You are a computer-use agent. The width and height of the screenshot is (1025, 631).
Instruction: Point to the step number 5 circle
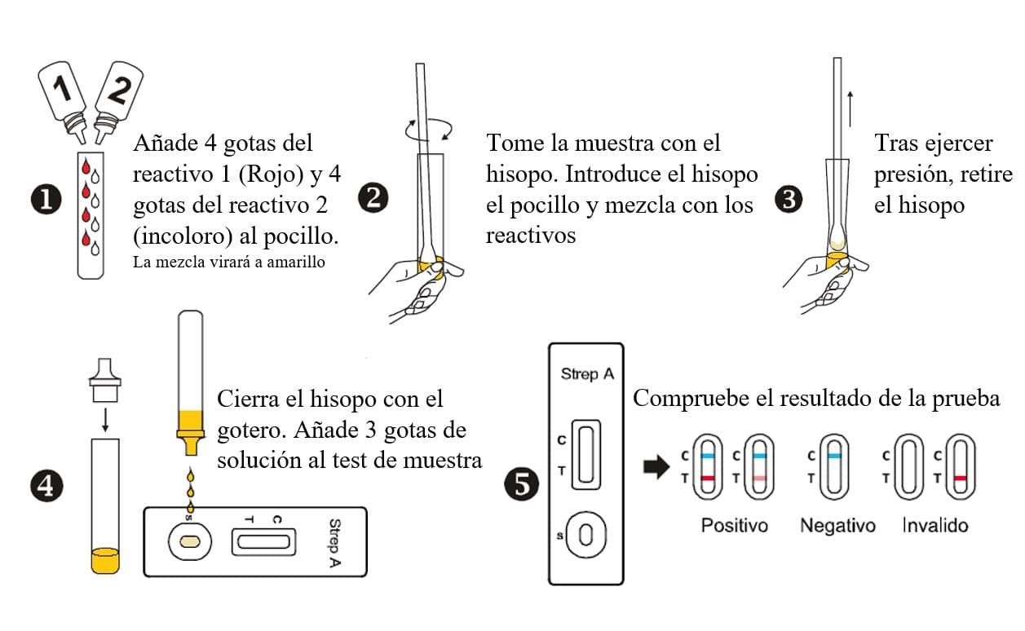[521, 487]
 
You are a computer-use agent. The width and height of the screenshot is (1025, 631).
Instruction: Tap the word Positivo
[734, 526]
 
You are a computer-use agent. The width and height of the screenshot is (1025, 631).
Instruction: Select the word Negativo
[837, 526]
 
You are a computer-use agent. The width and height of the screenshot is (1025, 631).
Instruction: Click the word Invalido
[934, 526]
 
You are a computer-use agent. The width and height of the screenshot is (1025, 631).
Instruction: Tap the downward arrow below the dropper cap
[104, 418]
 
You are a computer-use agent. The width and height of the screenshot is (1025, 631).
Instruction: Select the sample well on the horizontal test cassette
[189, 541]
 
